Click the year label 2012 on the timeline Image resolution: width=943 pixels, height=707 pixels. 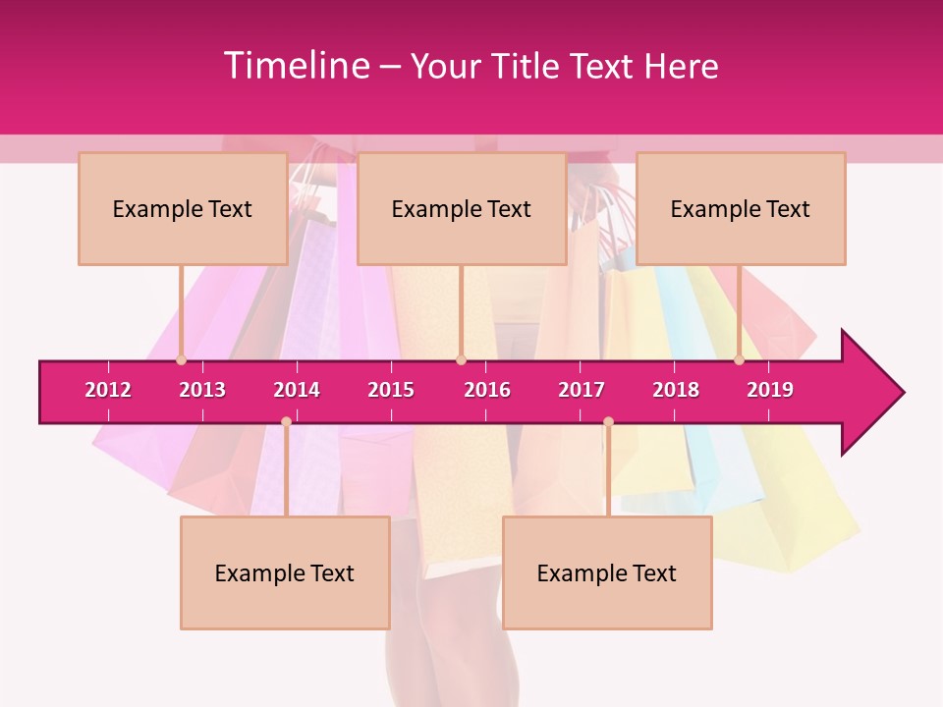point(108,390)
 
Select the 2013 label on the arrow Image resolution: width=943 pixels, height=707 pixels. point(202,390)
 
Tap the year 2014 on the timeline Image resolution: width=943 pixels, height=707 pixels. point(297,390)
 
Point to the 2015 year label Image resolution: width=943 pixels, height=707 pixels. point(391,390)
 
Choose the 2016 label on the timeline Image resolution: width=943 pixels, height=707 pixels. point(487,390)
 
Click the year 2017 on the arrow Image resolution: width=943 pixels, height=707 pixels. point(582,390)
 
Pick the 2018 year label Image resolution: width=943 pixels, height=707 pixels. point(676,390)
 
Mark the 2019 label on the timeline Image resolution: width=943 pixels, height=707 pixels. point(770,390)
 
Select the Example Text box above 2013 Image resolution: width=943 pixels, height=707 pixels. point(183,208)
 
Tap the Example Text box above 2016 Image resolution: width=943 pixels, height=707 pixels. point(462,208)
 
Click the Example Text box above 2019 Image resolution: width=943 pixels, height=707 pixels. point(741,208)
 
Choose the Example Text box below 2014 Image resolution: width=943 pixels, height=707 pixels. point(285,572)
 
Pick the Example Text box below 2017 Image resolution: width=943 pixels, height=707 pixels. point(607,572)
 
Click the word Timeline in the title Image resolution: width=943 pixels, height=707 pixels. point(295,66)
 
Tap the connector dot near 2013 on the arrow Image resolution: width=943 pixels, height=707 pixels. point(181,360)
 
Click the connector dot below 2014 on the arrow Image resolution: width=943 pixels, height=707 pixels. point(286,422)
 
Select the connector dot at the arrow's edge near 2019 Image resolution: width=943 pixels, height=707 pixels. point(739,360)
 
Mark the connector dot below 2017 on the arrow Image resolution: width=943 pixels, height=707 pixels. point(608,422)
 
